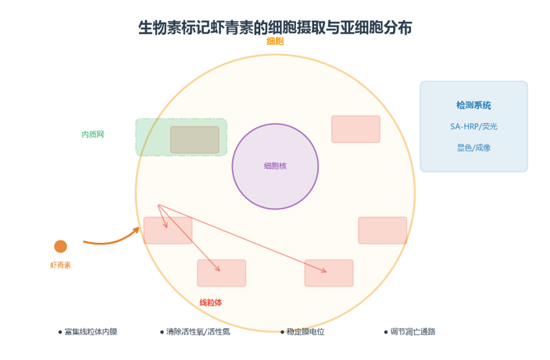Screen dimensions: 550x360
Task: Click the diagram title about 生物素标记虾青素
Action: point(275,28)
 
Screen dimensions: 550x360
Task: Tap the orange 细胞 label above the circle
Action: point(275,41)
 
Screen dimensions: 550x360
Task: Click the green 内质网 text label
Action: point(93,134)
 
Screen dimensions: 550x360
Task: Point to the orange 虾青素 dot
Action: point(61,246)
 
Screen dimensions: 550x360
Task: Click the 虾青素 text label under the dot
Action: point(61,265)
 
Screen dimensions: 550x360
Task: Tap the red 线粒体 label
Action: point(211,302)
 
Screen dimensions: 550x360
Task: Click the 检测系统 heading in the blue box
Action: point(474,105)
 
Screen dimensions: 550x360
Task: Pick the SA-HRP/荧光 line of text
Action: point(474,127)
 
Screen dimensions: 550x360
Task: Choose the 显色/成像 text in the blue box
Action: point(474,148)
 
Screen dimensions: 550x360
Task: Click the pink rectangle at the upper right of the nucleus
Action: point(356,129)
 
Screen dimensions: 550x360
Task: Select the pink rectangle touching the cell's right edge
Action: point(382,230)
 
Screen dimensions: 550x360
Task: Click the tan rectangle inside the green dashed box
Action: point(195,140)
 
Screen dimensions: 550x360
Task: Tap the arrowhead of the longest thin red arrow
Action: point(326,271)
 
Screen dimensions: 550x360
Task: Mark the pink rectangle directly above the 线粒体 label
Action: point(222,273)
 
